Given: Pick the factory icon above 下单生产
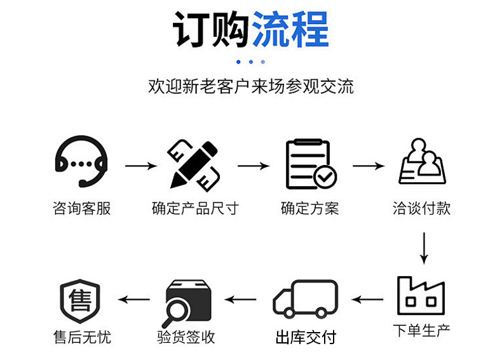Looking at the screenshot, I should [x=420, y=295].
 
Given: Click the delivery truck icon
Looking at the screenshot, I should [x=305, y=298].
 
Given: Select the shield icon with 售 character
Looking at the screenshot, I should [x=80, y=298].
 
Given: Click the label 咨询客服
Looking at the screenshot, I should [x=81, y=208].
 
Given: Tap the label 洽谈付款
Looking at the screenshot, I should [x=422, y=208].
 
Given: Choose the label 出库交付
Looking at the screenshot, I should [x=305, y=337].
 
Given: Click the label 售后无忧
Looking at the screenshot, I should [x=82, y=336].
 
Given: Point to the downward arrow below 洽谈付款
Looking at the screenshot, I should [x=424, y=248].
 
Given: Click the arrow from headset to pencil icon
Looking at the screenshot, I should [x=140, y=166].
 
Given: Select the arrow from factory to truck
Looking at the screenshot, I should [x=368, y=298].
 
